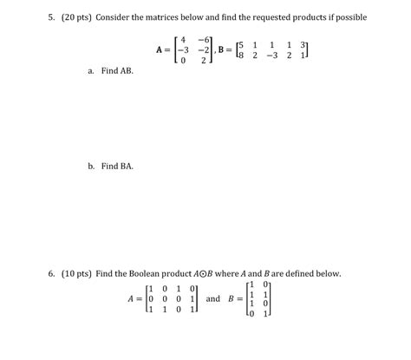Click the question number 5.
coord(52,17)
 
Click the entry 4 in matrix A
coord(183,38)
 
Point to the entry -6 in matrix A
coord(204,38)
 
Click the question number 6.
coord(52,273)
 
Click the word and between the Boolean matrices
coord(212,298)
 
